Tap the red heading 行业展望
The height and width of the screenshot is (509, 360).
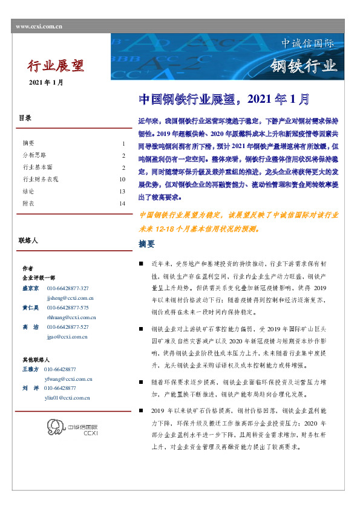point(56,65)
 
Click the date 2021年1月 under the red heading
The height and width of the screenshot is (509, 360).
point(46,82)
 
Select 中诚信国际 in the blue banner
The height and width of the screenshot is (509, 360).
point(307,44)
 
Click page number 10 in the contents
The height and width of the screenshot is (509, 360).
point(122,180)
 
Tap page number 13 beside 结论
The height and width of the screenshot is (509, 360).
point(122,192)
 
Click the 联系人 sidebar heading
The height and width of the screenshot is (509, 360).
point(28,241)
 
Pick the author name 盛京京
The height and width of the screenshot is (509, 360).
point(31,288)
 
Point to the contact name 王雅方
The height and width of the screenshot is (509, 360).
point(30,369)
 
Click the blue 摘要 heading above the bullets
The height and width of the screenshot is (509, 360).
point(147,244)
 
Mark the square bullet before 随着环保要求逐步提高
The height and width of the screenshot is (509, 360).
point(141,383)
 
